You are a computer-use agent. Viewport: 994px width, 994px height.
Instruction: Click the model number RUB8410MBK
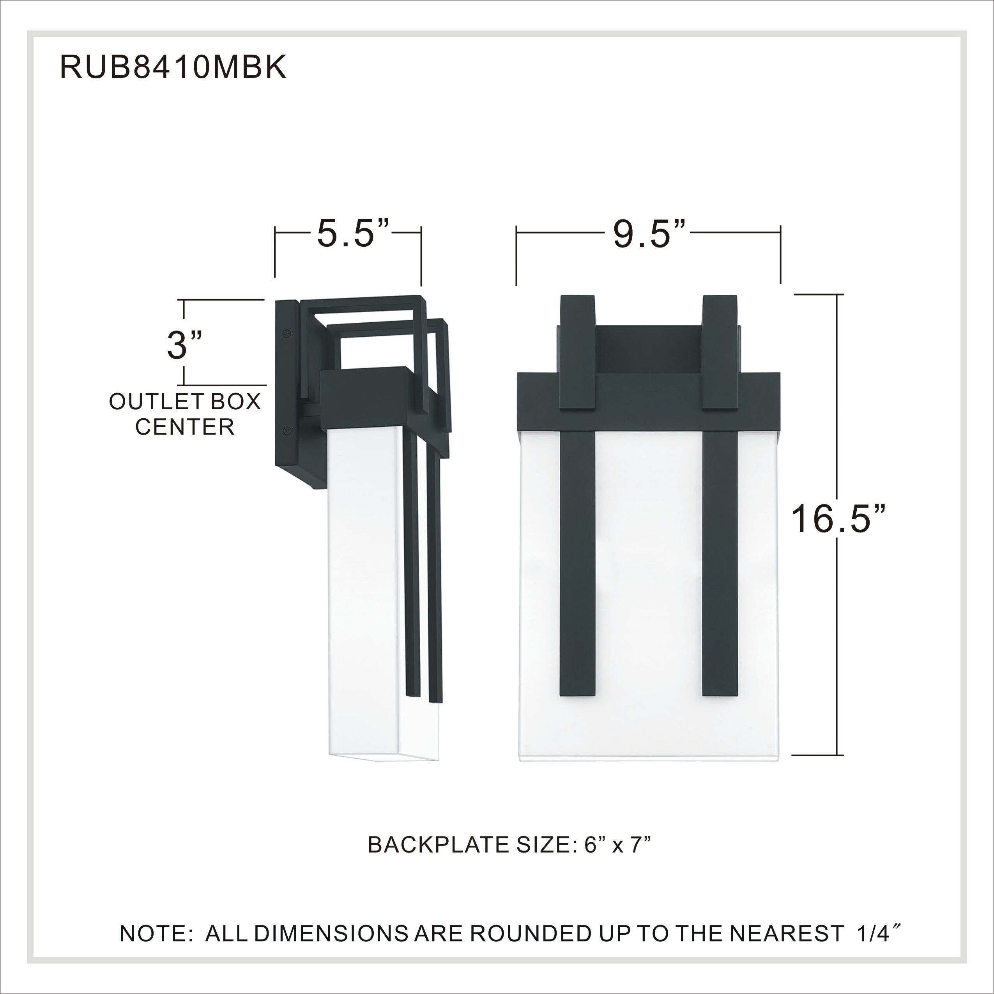pos(173,67)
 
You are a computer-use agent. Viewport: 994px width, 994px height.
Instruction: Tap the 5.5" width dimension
pos(352,234)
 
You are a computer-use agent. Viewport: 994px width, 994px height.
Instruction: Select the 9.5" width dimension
pos(649,234)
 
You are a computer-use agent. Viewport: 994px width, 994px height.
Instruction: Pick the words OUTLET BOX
pos(185,401)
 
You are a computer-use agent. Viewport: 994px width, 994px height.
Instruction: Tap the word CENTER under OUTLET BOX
pos(185,426)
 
